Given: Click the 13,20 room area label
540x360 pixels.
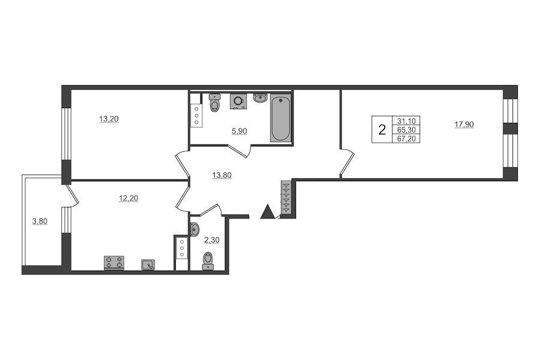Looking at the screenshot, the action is coord(109,119).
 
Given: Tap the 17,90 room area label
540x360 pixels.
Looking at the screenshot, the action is coord(464,124).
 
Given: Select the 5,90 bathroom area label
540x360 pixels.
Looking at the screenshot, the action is coord(239,131).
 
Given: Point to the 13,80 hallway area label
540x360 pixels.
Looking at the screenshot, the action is coord(222,175).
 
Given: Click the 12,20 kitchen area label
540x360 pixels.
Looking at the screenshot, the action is coord(128,198).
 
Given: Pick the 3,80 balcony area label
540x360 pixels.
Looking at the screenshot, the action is coord(40,221).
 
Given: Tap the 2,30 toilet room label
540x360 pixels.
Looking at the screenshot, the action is coord(212,240).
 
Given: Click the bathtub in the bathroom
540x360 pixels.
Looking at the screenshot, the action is coord(281,118).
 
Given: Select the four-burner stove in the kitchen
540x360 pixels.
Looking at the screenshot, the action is coord(114,263).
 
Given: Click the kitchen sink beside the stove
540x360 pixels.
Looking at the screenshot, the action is coord(148,265).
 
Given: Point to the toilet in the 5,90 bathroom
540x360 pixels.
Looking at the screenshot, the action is coord(215,103).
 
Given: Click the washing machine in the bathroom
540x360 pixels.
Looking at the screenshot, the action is coord(238,101).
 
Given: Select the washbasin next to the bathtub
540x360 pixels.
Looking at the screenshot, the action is coord(260,98).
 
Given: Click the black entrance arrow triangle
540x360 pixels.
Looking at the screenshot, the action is coord(268,211).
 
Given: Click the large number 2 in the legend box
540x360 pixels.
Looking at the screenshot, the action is coord(382,130).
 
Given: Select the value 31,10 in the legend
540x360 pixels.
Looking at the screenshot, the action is coord(406,121).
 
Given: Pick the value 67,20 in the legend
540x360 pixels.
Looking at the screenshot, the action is coord(406,139).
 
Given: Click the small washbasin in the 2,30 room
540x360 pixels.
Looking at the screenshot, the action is coord(194,229).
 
